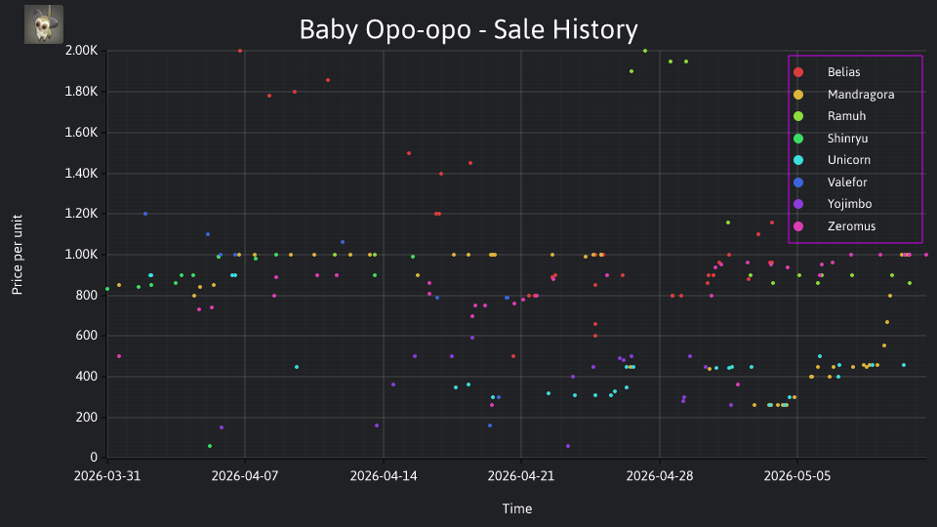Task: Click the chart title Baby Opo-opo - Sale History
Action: (468, 30)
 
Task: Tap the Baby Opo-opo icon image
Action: (44, 24)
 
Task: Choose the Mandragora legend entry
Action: (843, 95)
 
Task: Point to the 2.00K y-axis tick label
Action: (81, 50)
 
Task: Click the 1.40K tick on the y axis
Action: (81, 174)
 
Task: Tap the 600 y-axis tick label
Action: (86, 336)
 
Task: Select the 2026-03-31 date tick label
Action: (107, 476)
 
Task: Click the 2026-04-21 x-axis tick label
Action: (521, 476)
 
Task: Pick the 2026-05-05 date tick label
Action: (797, 476)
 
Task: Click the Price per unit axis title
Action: (18, 255)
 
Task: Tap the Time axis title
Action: (517, 508)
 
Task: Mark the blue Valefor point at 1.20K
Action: (145, 214)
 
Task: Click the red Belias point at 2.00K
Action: (240, 51)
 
